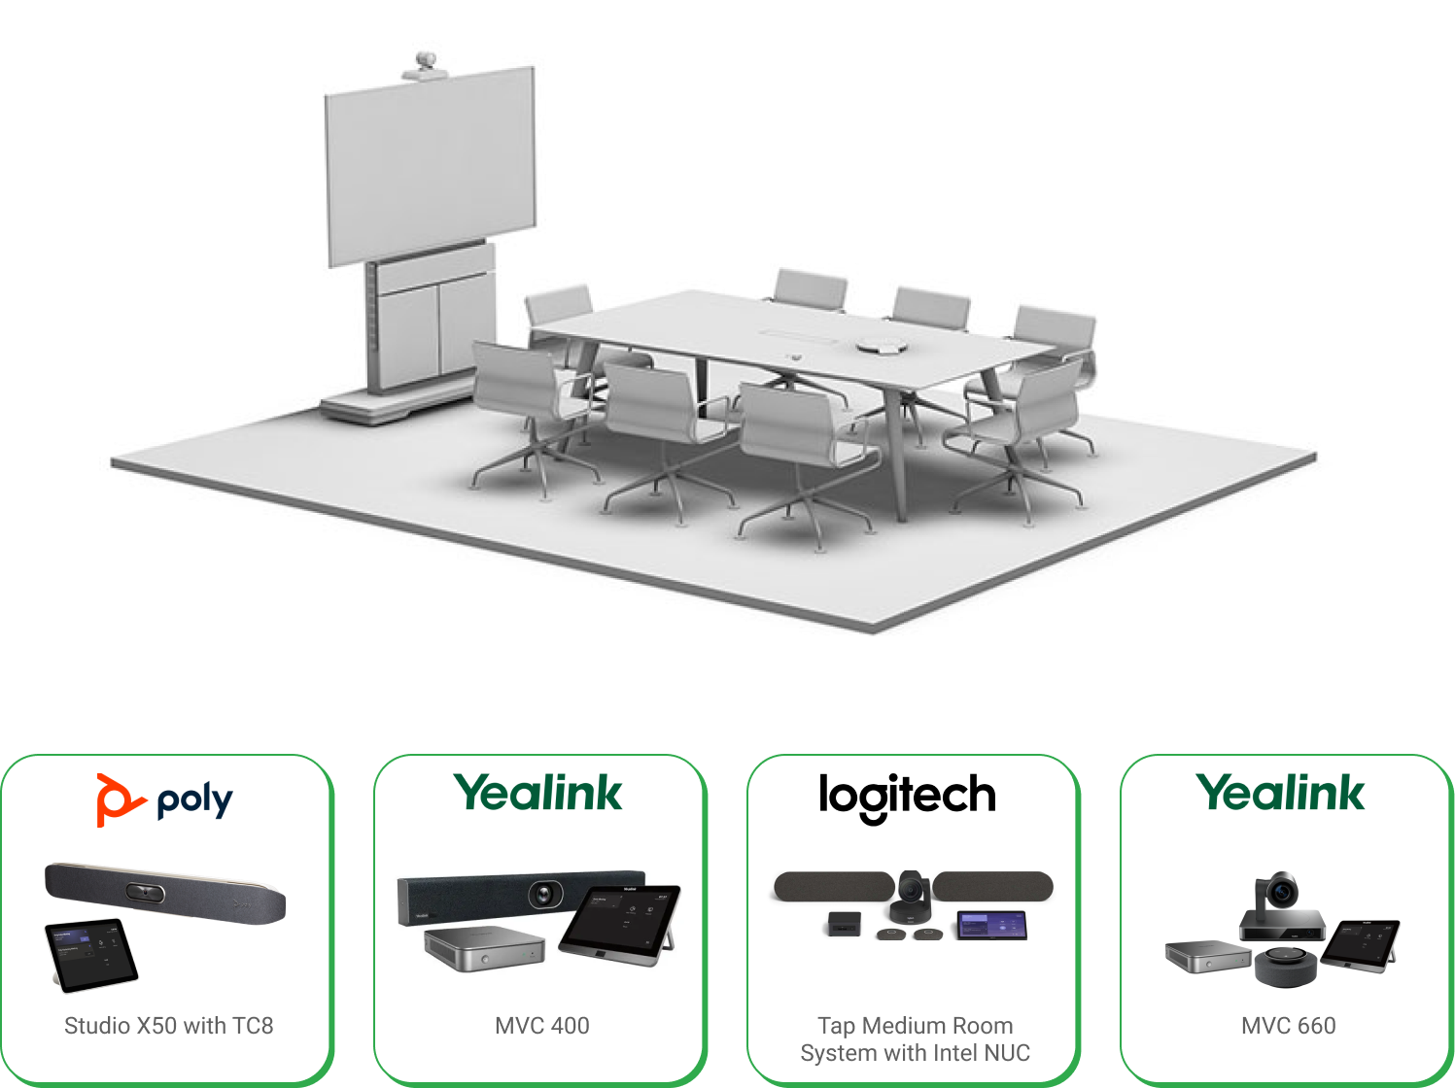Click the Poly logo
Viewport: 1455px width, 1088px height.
[165, 799]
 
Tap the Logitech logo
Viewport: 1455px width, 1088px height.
[907, 797]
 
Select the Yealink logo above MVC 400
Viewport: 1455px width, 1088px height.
[537, 793]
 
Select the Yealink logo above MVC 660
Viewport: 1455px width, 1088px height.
[1280, 793]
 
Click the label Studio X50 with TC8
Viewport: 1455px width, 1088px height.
[168, 1026]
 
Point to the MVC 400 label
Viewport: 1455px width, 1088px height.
[541, 1026]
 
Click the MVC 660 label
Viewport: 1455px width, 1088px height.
[1288, 1026]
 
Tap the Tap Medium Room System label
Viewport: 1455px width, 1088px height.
[915, 1039]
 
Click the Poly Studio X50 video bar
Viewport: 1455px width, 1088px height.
[165, 893]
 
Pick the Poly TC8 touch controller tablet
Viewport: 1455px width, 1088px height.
[91, 954]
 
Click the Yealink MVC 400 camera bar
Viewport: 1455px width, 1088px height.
[521, 896]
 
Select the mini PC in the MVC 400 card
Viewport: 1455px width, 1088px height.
[484, 949]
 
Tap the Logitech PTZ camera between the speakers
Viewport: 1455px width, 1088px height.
[912, 896]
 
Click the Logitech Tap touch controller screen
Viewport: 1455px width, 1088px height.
[992, 925]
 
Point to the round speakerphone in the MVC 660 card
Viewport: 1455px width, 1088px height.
[1287, 965]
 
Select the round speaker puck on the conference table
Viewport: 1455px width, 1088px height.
[882, 345]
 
